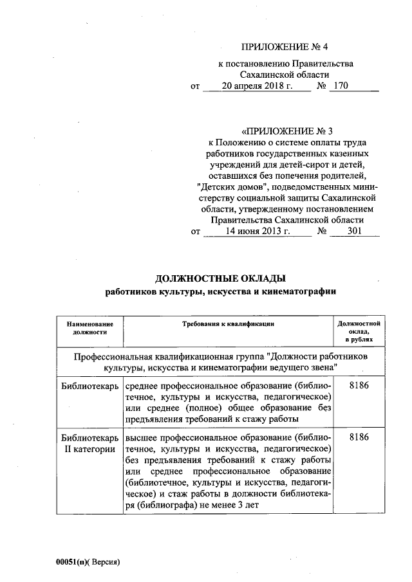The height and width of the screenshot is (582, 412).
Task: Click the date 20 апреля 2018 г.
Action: (x=257, y=86)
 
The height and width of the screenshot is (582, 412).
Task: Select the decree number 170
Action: (x=337, y=86)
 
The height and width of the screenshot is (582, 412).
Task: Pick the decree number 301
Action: (x=353, y=231)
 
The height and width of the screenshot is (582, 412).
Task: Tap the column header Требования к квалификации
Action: (x=228, y=324)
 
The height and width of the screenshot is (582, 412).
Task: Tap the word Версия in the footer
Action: (x=104, y=561)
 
